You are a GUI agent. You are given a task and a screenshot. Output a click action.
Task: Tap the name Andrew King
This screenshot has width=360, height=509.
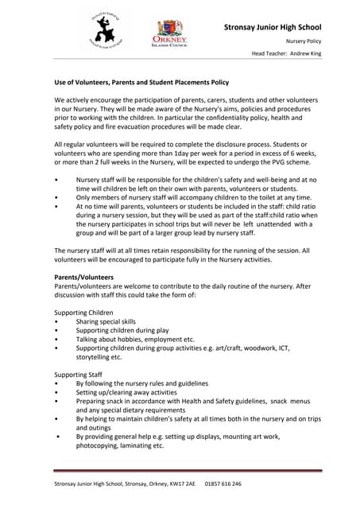click(x=307, y=53)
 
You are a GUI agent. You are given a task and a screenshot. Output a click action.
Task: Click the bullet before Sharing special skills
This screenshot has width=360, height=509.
click(x=57, y=322)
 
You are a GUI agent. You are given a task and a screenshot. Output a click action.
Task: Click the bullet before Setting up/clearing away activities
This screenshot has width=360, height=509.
click(x=57, y=392)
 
